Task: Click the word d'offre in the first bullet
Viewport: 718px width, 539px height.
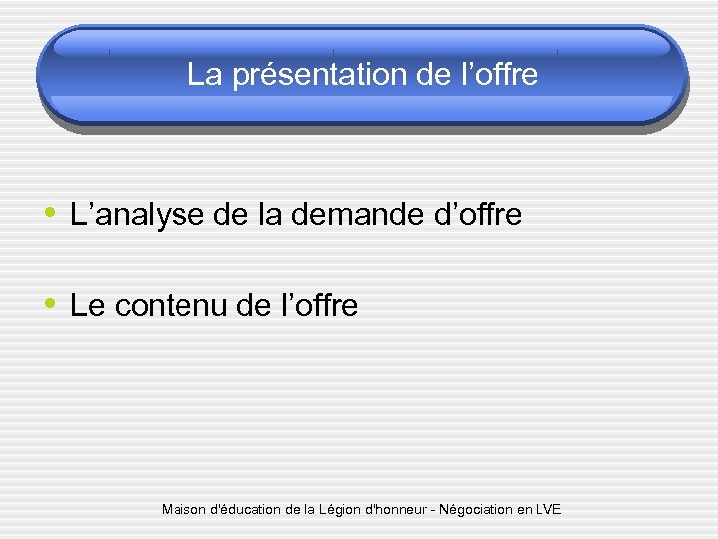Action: coord(477,214)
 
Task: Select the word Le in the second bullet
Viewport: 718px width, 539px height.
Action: coord(88,306)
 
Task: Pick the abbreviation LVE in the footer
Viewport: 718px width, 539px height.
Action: coord(548,509)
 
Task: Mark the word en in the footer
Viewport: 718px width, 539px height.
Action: coord(523,510)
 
